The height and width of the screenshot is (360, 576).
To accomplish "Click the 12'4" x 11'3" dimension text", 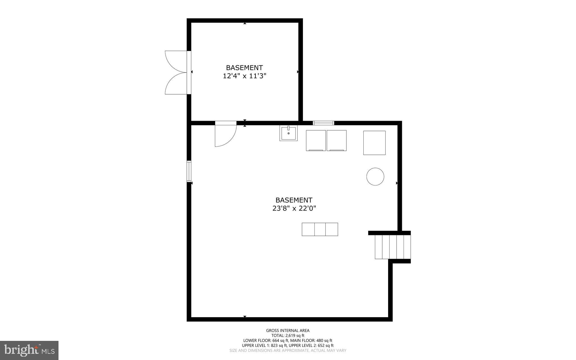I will click(244, 76).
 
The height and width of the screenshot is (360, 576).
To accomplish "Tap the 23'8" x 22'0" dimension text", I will click(294, 209).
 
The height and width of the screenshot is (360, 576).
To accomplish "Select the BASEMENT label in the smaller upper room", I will click(244, 68).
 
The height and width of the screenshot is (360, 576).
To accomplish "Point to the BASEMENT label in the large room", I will click(294, 200).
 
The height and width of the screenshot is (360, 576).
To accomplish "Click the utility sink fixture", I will click(288, 133).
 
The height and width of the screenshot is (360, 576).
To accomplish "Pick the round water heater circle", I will click(375, 176).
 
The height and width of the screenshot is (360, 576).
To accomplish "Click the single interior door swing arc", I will click(225, 135).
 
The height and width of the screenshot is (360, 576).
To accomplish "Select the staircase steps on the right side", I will click(393, 247).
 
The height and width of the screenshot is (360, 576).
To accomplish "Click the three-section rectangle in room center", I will click(320, 229).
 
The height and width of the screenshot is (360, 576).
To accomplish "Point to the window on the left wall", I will click(189, 171).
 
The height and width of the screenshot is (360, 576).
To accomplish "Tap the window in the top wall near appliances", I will click(323, 123).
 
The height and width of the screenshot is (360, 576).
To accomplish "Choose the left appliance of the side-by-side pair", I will click(316, 140).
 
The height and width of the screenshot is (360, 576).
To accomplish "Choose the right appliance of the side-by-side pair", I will click(336, 140).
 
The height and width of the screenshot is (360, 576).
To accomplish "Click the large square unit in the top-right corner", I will click(374, 143).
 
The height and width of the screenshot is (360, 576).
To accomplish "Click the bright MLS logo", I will click(29, 350).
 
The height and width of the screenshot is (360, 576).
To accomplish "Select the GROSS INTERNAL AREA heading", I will click(288, 330).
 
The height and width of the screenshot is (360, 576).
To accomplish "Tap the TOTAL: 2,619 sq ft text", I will click(288, 336).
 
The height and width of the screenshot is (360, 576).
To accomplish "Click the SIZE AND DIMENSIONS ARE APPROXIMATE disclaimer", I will click(288, 350).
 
